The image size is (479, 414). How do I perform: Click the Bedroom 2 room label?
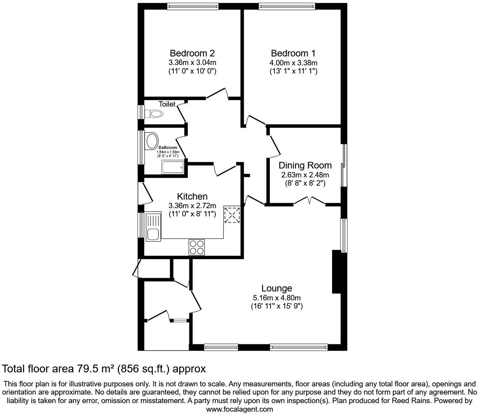[x=192, y=53]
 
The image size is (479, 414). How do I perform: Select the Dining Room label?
[x=305, y=165]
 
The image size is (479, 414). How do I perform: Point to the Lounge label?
[x=276, y=288]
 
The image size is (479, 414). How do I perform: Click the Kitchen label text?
[x=192, y=196]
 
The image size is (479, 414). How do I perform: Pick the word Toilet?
[x=167, y=104]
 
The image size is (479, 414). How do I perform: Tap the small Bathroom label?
[x=168, y=148]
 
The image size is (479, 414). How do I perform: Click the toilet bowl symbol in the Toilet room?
[x=154, y=114]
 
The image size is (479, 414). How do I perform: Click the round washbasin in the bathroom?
[x=152, y=140]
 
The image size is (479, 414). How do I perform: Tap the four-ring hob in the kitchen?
[x=197, y=247]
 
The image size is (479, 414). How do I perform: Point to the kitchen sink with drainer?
[x=153, y=226]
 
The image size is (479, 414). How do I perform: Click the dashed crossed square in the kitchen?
[x=232, y=215]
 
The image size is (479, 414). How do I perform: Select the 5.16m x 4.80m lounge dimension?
[x=276, y=298]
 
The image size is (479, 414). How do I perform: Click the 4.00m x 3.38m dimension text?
[x=293, y=63]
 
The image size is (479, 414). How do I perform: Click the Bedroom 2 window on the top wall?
[x=192, y=6]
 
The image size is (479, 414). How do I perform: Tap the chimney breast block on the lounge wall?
[x=336, y=271]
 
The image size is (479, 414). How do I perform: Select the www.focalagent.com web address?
[x=239, y=409]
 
